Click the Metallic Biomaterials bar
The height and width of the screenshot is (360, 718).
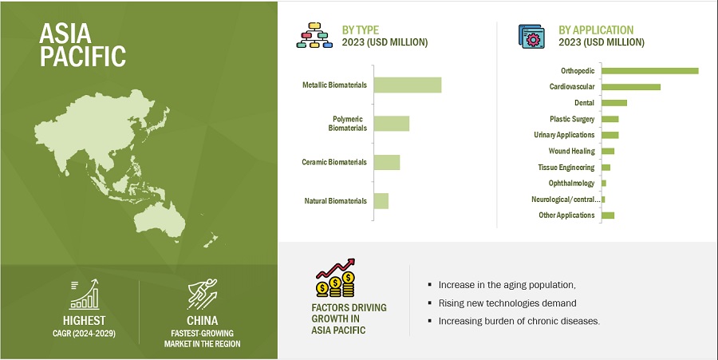coord(408,85)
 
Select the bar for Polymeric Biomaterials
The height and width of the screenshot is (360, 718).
coord(392,124)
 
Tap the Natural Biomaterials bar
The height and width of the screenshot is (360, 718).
coord(381,201)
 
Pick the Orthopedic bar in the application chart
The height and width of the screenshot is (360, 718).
coord(649,70)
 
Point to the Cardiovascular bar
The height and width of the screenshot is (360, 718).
coord(631,87)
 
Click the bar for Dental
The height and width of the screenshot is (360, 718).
coord(614,103)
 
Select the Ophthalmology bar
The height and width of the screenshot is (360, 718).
coord(604,184)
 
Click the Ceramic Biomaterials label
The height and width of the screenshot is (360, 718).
coord(334,162)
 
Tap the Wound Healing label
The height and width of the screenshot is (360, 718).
coord(571,151)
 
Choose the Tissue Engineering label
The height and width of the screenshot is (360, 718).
coord(566,167)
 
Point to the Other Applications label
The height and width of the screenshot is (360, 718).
coord(566,216)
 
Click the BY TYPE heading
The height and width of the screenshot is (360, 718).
coord(361,30)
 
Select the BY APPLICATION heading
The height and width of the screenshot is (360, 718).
coord(596,30)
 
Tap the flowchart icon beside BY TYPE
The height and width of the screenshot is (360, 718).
coord(314,35)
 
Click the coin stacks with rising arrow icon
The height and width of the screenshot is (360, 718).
coord(336,278)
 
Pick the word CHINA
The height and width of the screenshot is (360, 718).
coord(202,320)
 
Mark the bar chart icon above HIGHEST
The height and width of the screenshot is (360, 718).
coord(84,295)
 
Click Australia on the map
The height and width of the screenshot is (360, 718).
coord(160,219)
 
